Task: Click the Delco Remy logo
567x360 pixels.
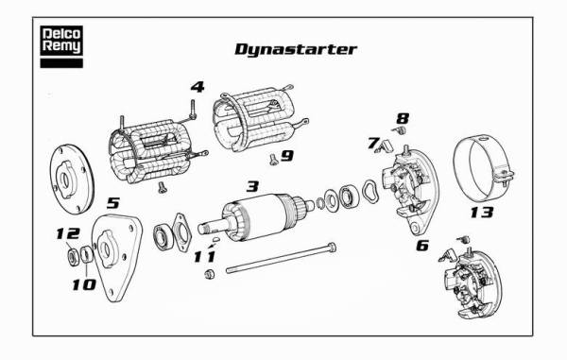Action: click(x=61, y=46)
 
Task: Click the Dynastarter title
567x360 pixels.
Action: click(x=296, y=49)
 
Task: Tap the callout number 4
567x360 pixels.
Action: click(x=198, y=87)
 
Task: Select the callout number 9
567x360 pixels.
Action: click(x=287, y=156)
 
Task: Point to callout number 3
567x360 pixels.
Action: click(x=252, y=186)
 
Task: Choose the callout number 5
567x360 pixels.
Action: click(x=112, y=203)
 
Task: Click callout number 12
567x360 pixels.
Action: click(x=68, y=233)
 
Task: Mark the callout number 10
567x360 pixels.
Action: click(x=84, y=284)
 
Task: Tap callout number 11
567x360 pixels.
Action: click(x=205, y=257)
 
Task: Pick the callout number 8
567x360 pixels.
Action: click(x=403, y=118)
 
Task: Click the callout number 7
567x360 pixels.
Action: click(x=373, y=143)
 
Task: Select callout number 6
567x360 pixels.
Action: click(x=422, y=246)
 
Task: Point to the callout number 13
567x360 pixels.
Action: click(x=482, y=213)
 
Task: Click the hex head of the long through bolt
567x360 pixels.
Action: click(x=332, y=248)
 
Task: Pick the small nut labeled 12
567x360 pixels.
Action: click(x=74, y=257)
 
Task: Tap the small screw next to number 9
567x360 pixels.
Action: click(x=274, y=160)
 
